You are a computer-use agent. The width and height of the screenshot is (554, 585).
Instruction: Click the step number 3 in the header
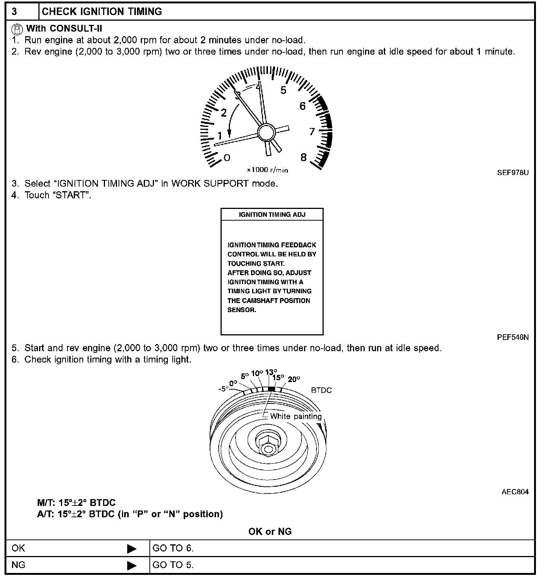(x=14, y=12)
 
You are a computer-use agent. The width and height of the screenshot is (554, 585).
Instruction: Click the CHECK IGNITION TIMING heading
(x=102, y=12)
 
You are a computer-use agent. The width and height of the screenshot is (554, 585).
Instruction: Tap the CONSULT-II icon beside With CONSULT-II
(x=17, y=29)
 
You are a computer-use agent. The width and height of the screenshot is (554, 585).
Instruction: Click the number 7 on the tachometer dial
(x=312, y=131)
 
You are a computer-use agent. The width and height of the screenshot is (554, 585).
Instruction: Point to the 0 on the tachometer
(x=227, y=157)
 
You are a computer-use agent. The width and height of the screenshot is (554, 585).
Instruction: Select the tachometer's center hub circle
(x=266, y=133)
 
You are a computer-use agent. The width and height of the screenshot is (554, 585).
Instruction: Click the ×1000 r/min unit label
(x=267, y=170)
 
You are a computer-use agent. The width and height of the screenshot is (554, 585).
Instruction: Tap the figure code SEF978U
(x=513, y=173)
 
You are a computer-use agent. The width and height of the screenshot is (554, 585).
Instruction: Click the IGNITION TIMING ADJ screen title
(x=272, y=215)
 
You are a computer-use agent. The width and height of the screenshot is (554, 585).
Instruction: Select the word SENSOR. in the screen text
(x=242, y=310)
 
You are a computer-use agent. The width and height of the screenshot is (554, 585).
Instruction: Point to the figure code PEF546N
(x=513, y=337)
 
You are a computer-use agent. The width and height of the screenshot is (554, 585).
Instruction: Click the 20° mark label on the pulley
(x=294, y=379)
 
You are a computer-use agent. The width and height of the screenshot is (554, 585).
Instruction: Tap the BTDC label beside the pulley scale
(x=321, y=390)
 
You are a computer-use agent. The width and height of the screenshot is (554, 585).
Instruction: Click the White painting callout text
(x=296, y=416)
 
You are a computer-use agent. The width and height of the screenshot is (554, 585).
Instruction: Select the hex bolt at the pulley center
(x=268, y=445)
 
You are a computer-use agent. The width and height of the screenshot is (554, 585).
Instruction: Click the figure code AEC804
(x=515, y=492)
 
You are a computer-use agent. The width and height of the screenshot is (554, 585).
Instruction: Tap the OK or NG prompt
(x=270, y=532)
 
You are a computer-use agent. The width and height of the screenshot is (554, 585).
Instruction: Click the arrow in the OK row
(x=132, y=549)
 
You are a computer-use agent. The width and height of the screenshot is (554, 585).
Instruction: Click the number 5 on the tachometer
(x=283, y=90)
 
